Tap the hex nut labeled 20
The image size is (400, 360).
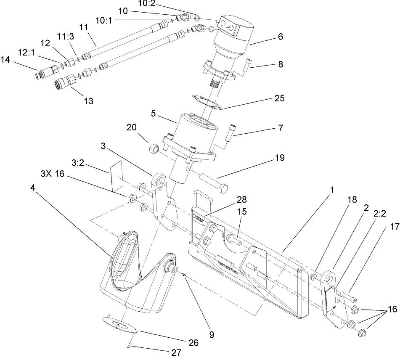coord(153,148)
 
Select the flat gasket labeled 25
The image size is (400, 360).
coord(207,102)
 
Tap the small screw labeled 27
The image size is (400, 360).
coord(127,346)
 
